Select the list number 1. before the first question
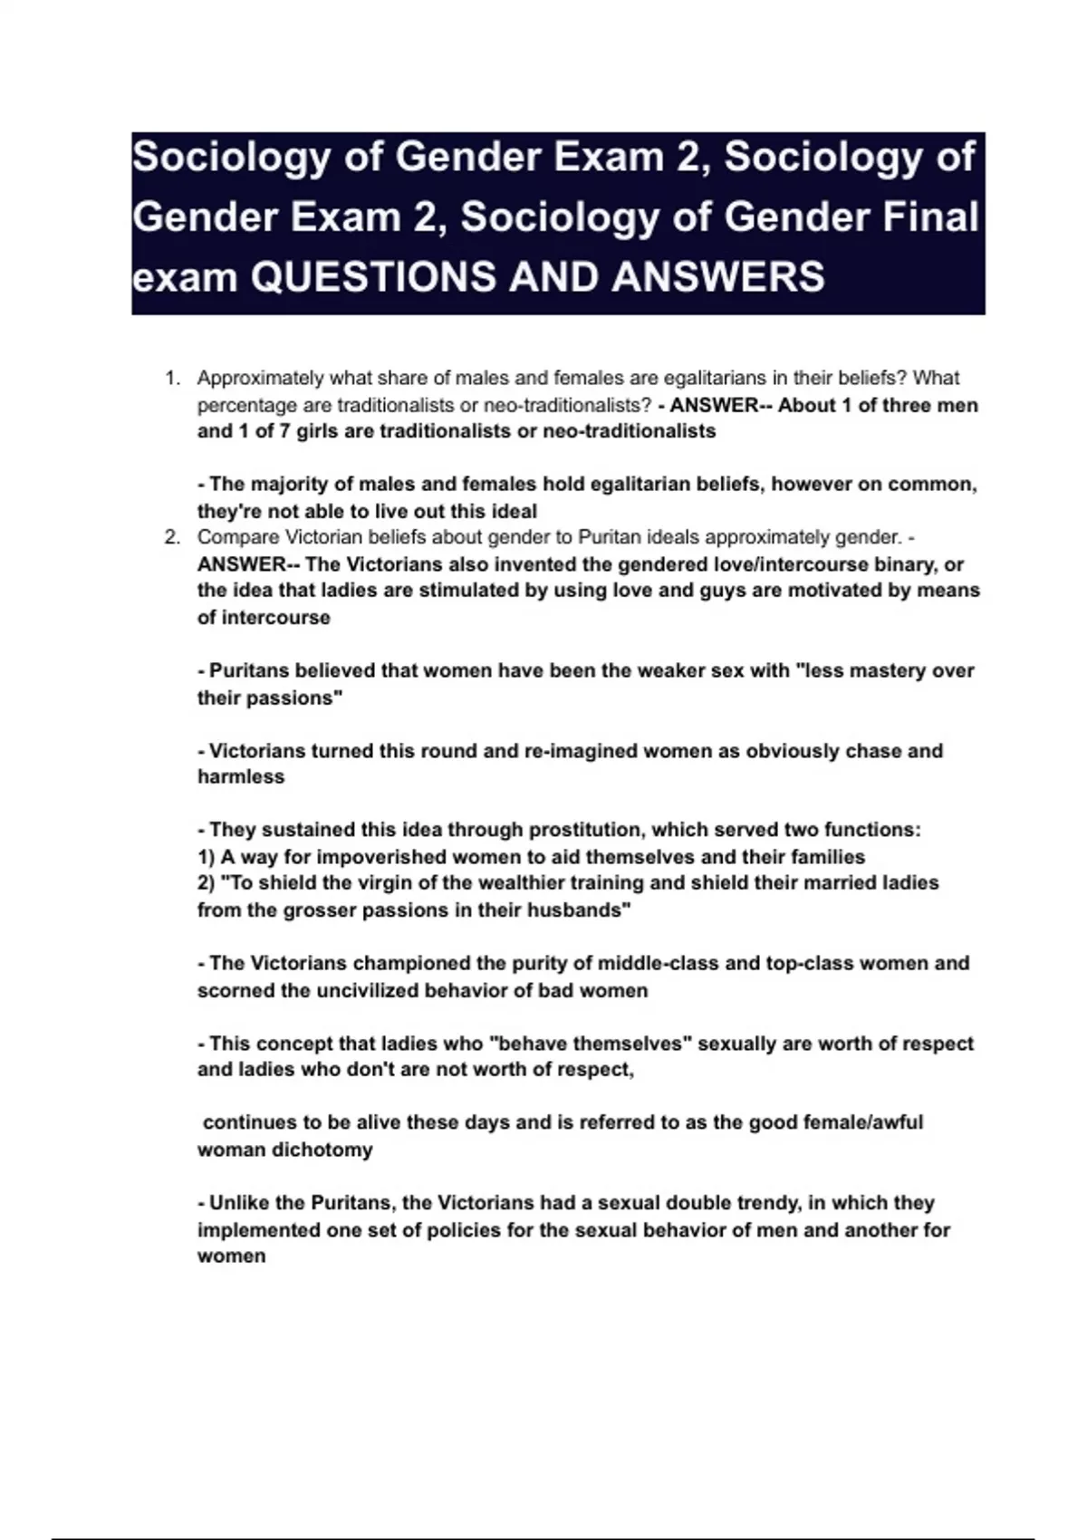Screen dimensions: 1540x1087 (173, 378)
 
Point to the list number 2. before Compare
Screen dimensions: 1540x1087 (173, 537)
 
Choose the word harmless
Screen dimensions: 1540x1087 (241, 777)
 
